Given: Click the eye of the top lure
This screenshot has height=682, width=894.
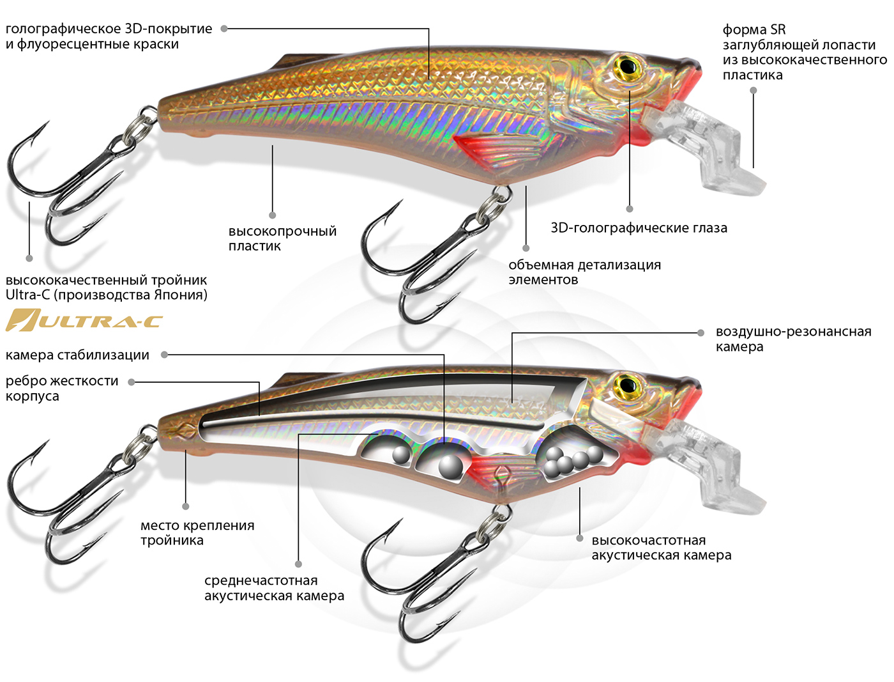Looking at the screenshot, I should point(628,66).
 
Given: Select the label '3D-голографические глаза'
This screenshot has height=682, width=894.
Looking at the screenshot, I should point(639,228).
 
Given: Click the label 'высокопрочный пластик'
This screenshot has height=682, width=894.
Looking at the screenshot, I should point(282,238).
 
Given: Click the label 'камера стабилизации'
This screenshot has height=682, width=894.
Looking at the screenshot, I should point(77,355).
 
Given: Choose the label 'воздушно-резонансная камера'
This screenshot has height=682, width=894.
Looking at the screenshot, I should point(793,339).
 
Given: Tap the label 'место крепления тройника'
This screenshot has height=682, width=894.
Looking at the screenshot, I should point(197,533).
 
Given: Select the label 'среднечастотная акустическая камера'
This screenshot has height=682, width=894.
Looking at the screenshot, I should point(274,588).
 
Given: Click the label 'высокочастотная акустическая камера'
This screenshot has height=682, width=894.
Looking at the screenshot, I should point(661,548).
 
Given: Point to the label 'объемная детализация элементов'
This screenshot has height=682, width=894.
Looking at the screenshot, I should point(584,272).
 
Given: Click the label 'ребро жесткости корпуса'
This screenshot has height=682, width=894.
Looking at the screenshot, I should point(62,388).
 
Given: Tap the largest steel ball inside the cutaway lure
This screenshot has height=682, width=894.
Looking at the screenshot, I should point(451,466).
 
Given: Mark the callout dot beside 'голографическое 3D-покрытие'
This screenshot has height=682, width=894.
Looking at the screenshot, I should point(224,29).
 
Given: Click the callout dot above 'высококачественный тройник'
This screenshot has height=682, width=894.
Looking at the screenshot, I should point(29,258).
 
